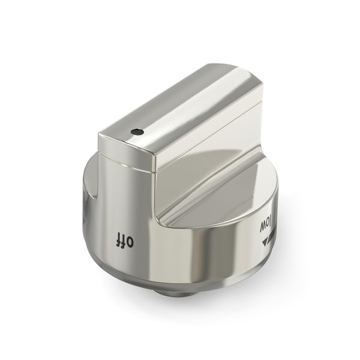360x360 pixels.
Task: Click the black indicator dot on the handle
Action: [x=137, y=132]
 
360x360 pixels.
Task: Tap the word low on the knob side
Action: [x=266, y=225]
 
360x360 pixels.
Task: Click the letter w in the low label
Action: [x=263, y=226]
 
